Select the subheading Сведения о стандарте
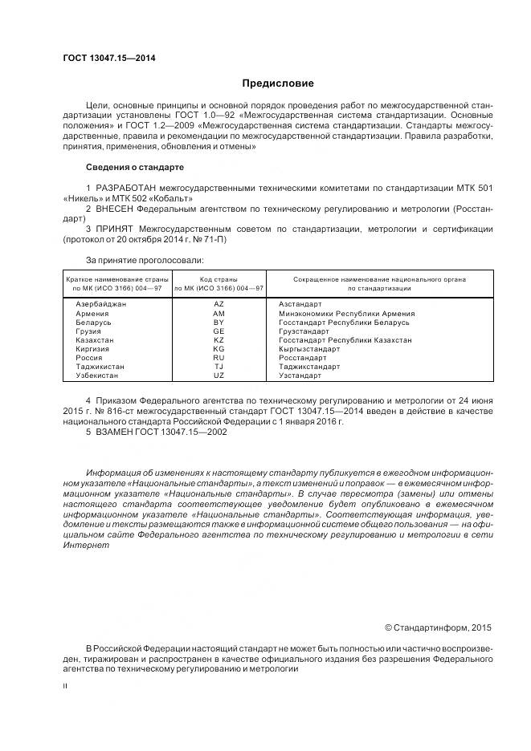134,167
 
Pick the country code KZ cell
219,340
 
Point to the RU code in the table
219,358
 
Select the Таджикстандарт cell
309,367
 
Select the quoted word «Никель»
80,197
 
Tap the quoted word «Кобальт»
167,197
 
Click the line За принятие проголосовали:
145,259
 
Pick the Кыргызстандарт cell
309,349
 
